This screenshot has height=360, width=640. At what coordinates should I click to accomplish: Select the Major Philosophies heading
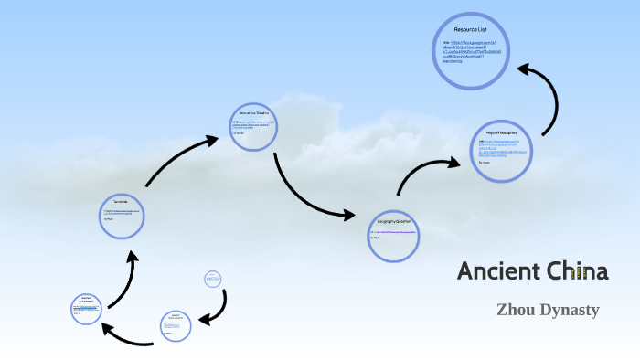[x=501, y=133]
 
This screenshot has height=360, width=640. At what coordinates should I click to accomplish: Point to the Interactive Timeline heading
[x=252, y=112]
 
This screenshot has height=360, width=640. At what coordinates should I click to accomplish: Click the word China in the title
[x=575, y=271]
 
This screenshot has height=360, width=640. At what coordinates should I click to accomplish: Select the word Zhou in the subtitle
[x=515, y=310]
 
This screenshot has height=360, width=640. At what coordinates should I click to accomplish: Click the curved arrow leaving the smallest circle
[x=217, y=308]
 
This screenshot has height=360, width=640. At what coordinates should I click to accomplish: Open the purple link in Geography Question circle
[x=394, y=233]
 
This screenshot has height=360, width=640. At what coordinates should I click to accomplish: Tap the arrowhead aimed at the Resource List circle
[x=528, y=69]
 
